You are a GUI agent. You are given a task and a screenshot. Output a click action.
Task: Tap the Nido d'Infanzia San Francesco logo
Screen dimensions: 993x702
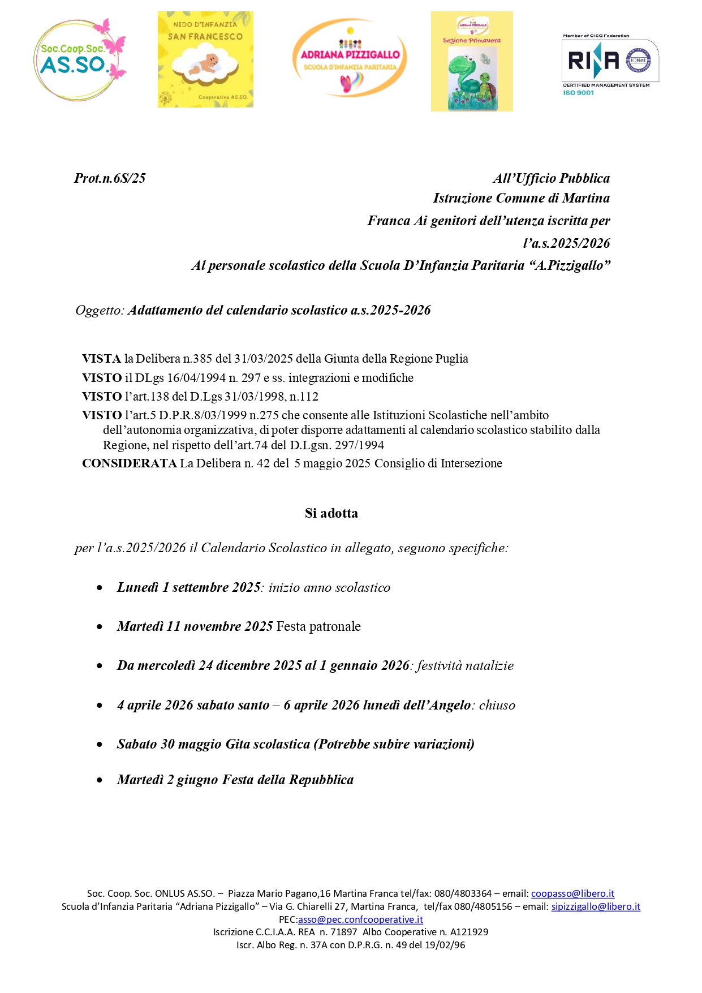(x=205, y=59)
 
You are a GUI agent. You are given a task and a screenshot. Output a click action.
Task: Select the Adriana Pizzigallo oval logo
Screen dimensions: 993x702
(x=350, y=58)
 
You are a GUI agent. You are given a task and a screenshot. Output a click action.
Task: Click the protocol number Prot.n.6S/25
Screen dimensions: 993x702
(x=110, y=178)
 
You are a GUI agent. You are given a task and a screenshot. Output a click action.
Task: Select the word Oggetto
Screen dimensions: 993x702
(x=98, y=311)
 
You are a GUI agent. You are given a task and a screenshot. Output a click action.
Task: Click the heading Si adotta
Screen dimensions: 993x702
(x=331, y=513)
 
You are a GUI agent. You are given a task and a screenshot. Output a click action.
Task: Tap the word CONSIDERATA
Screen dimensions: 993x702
(x=129, y=463)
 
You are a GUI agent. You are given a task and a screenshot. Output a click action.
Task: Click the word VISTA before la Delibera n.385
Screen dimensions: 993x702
(x=101, y=359)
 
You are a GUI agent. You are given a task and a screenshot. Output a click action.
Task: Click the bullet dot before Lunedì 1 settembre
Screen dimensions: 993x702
(x=100, y=588)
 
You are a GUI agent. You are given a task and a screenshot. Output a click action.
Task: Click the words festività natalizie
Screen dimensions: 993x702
(x=465, y=666)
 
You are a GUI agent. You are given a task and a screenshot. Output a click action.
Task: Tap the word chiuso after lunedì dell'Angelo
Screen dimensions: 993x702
(x=497, y=706)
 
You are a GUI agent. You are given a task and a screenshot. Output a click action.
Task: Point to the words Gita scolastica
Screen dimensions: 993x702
(x=268, y=744)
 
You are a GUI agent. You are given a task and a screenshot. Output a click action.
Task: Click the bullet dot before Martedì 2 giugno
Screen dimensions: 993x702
(x=100, y=780)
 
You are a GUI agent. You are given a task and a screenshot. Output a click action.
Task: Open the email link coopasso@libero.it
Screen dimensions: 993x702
(x=572, y=893)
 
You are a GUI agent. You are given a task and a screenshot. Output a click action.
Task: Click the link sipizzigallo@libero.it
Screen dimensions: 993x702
(x=596, y=906)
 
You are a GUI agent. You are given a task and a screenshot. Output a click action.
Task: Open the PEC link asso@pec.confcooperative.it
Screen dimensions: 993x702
(x=360, y=919)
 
